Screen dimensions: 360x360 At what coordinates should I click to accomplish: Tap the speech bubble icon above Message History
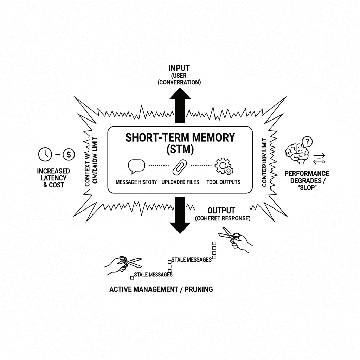click(x=136, y=166)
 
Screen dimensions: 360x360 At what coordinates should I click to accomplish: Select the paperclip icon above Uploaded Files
click(x=180, y=167)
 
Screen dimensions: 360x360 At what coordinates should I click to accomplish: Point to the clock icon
click(x=45, y=154)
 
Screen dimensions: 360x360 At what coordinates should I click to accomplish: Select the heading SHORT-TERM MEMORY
click(x=180, y=137)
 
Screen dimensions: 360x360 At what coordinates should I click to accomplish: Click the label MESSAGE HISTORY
click(x=136, y=182)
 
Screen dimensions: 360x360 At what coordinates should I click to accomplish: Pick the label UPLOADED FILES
click(x=180, y=182)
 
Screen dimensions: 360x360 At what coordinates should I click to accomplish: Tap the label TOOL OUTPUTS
click(x=224, y=182)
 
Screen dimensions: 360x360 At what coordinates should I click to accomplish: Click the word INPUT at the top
click(x=179, y=68)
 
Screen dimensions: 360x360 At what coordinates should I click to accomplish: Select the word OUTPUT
click(x=221, y=211)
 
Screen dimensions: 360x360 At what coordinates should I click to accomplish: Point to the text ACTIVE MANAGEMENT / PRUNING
click(x=161, y=289)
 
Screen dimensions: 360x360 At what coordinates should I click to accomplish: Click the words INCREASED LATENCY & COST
click(x=53, y=178)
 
